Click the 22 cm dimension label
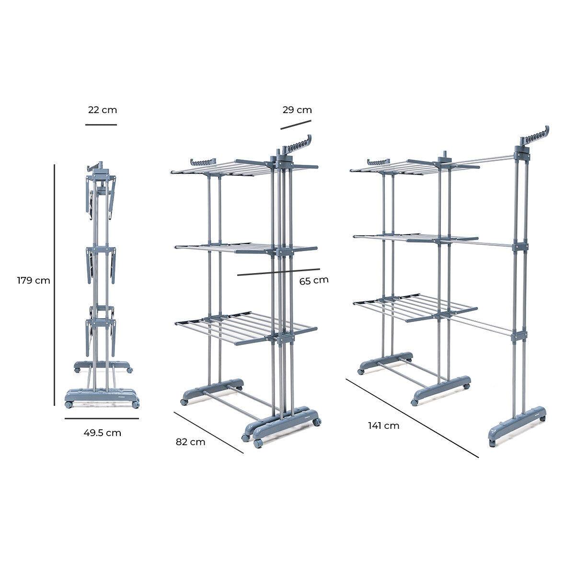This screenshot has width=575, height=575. (x=103, y=110)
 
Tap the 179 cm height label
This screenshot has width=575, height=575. (x=34, y=281)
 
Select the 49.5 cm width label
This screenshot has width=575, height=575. (x=103, y=433)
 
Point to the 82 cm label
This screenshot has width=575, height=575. (x=190, y=442)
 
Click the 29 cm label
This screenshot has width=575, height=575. (x=297, y=110)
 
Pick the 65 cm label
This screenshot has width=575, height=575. (x=314, y=280)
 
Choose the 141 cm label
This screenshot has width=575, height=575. (x=383, y=425)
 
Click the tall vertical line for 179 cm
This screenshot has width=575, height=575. (x=55, y=285)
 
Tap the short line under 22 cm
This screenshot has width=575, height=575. (x=101, y=125)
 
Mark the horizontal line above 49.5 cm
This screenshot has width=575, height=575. (x=102, y=418)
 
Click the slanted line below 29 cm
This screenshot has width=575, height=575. (x=296, y=124)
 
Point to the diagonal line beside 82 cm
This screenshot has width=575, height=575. (x=208, y=432)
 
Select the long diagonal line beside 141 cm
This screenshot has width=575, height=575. (x=412, y=418)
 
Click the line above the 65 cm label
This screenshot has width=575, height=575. (x=278, y=272)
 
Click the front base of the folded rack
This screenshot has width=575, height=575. (x=102, y=397)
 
